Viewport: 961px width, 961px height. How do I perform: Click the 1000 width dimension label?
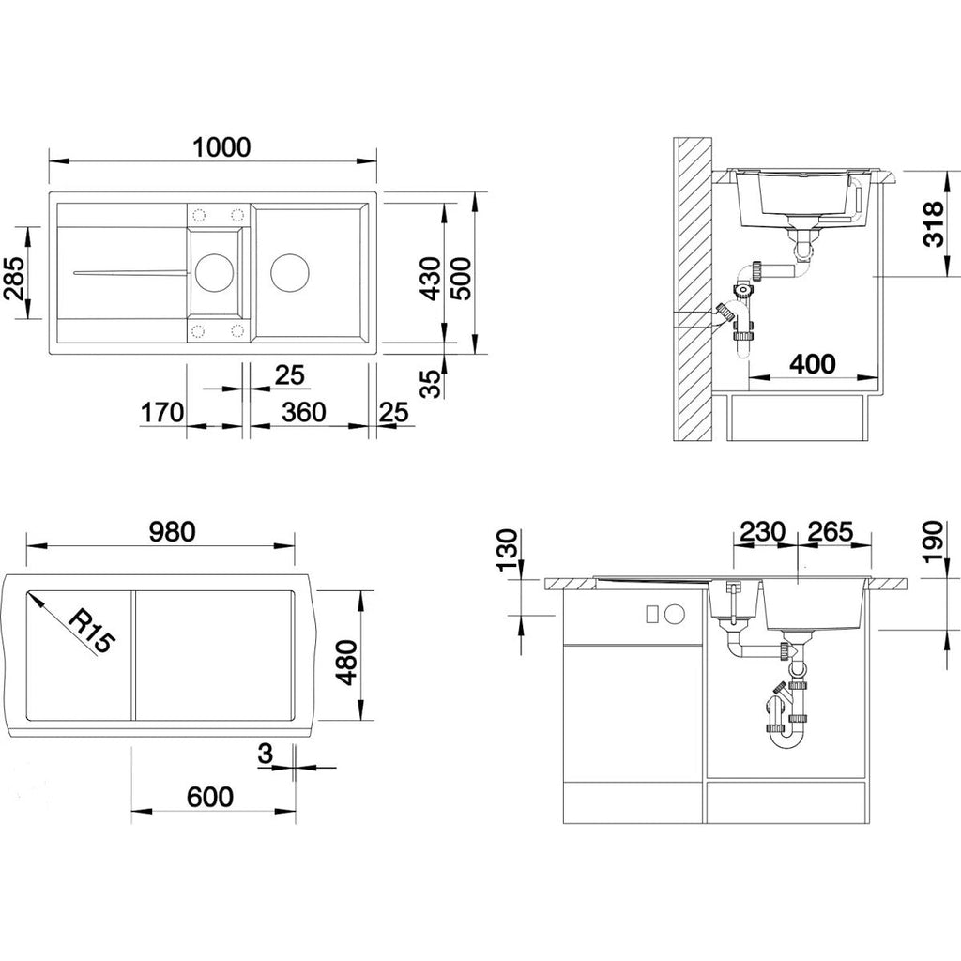tap(221, 147)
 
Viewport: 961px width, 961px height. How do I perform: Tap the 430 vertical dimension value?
tap(432, 278)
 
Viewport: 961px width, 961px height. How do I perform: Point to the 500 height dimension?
tap(462, 278)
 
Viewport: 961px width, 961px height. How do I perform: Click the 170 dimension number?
tap(162, 413)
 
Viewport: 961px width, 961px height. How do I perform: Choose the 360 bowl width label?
tap(304, 413)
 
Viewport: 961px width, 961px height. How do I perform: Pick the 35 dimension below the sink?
tap(432, 384)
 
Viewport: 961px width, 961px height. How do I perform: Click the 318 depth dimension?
tap(934, 224)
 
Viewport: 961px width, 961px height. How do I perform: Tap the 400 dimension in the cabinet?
tap(812, 364)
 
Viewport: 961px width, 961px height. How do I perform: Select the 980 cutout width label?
tap(173, 531)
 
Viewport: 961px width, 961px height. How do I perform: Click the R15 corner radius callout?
tap(91, 632)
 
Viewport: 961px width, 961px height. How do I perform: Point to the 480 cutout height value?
tap(347, 663)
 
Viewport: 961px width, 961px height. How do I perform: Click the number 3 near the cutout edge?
tap(265, 754)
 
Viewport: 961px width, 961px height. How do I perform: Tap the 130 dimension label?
tap(508, 550)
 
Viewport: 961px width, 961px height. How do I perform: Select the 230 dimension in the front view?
tap(762, 531)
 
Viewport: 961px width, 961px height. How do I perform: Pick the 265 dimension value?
tap(830, 531)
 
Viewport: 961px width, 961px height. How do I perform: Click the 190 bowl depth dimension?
tap(932, 542)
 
